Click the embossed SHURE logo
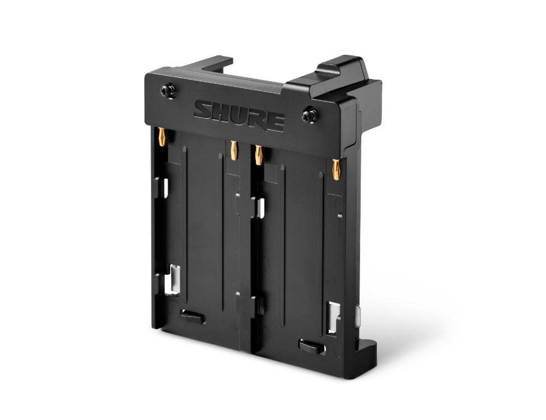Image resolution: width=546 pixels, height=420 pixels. tap(239, 115)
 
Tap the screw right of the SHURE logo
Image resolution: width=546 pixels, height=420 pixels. tap(310, 116)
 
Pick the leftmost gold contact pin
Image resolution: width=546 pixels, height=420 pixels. tap(162, 136)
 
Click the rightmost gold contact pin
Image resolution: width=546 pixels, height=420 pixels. tap(337, 169)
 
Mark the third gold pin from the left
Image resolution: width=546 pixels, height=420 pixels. tap(258, 154)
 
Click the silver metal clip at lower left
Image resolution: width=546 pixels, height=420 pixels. tap(174, 278)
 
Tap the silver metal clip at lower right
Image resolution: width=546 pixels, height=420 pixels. tap(335, 317)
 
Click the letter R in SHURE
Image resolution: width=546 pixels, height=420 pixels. tap(257, 118)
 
